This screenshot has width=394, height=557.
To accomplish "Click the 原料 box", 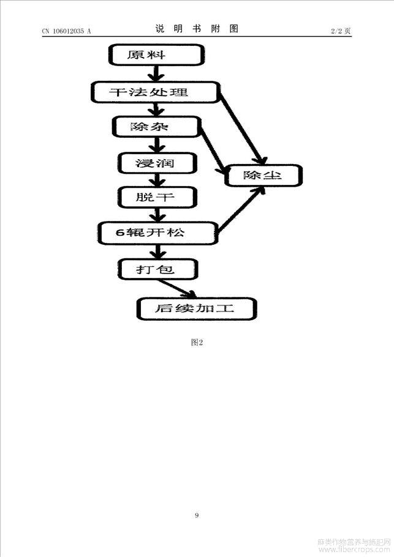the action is pos(156,54).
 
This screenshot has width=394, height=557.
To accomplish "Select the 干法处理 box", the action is pos(156,92).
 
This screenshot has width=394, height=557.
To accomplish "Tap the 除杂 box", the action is pos(156,127).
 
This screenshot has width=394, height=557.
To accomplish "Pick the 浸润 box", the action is pos(157,163).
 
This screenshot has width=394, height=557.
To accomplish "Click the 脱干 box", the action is pos(157,197).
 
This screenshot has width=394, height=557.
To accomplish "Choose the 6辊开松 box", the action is pos(158,233).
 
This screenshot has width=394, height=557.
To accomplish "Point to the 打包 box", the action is pos(157,269).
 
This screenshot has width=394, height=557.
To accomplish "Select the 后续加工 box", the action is pos(197,308).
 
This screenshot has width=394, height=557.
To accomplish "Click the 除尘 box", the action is pos(263,175).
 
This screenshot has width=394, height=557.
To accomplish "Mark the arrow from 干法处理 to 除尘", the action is pos(242,128).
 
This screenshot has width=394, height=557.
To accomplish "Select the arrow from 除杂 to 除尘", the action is pos(213,149).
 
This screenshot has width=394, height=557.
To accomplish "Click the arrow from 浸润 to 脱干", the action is pos(157,180).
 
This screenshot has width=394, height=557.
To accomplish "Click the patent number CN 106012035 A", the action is pos(67,31).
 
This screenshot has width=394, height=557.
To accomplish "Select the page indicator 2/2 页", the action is pos(341,31).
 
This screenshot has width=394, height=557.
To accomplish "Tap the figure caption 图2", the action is pos(197,342).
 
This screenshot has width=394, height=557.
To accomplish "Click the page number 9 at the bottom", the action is pos(197,515).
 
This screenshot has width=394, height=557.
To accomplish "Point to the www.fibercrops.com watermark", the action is pos(354,549).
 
